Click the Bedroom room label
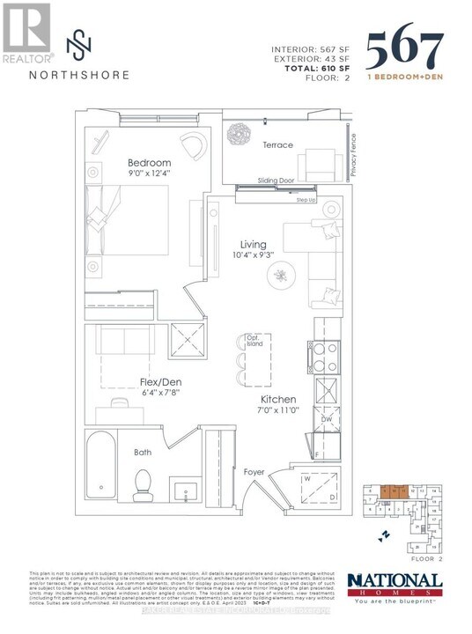(x=150, y=163)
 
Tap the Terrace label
(x=277, y=145)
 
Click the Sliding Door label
(x=276, y=180)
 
